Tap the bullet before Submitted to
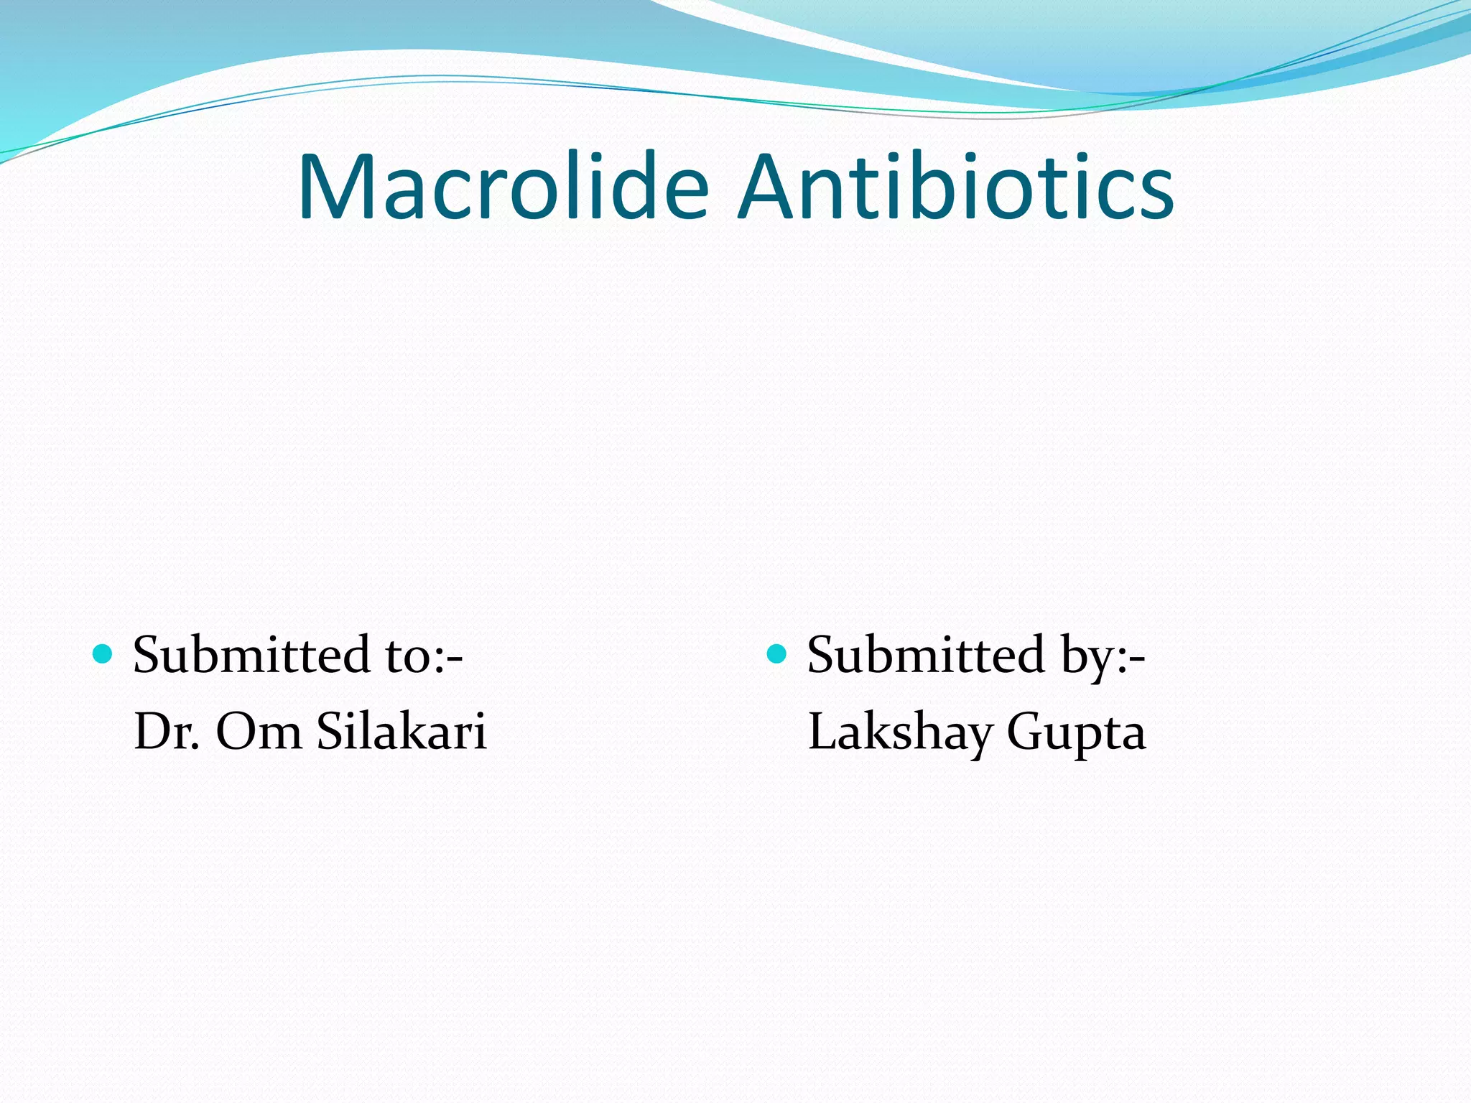(x=103, y=653)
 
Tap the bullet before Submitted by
(x=777, y=653)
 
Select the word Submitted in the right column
(x=926, y=655)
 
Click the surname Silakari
(x=402, y=731)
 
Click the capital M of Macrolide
(x=338, y=188)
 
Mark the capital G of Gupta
(x=1025, y=731)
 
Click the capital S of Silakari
(x=332, y=731)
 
